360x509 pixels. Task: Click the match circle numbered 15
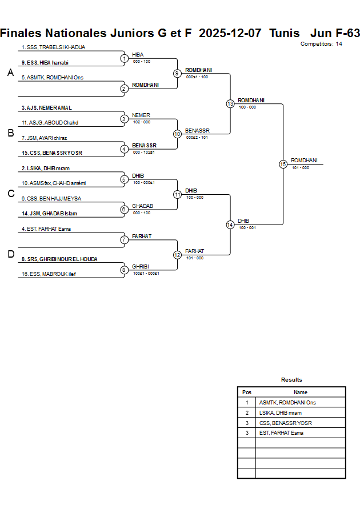click(283, 164)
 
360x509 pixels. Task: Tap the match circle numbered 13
click(230, 104)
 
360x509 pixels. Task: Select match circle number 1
click(124, 58)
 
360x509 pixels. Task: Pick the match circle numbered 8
click(124, 270)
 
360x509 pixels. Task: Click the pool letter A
click(10, 73)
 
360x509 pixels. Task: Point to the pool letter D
click(10, 254)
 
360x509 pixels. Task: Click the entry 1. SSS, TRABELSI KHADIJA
click(53, 47)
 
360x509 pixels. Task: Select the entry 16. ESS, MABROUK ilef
click(49, 274)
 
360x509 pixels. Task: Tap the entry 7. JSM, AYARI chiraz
click(45, 138)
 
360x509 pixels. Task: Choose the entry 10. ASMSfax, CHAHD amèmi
click(53, 183)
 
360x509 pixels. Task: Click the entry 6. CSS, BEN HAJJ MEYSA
click(51, 198)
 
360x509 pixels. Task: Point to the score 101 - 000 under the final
click(301, 167)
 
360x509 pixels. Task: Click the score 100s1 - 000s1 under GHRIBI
click(146, 273)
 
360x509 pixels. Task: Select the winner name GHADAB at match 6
click(142, 206)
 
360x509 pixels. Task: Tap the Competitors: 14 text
click(321, 43)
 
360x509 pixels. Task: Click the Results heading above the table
click(291, 380)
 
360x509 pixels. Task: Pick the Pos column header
click(247, 392)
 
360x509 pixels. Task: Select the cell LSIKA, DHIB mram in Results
click(281, 412)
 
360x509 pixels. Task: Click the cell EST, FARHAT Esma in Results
click(281, 433)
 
